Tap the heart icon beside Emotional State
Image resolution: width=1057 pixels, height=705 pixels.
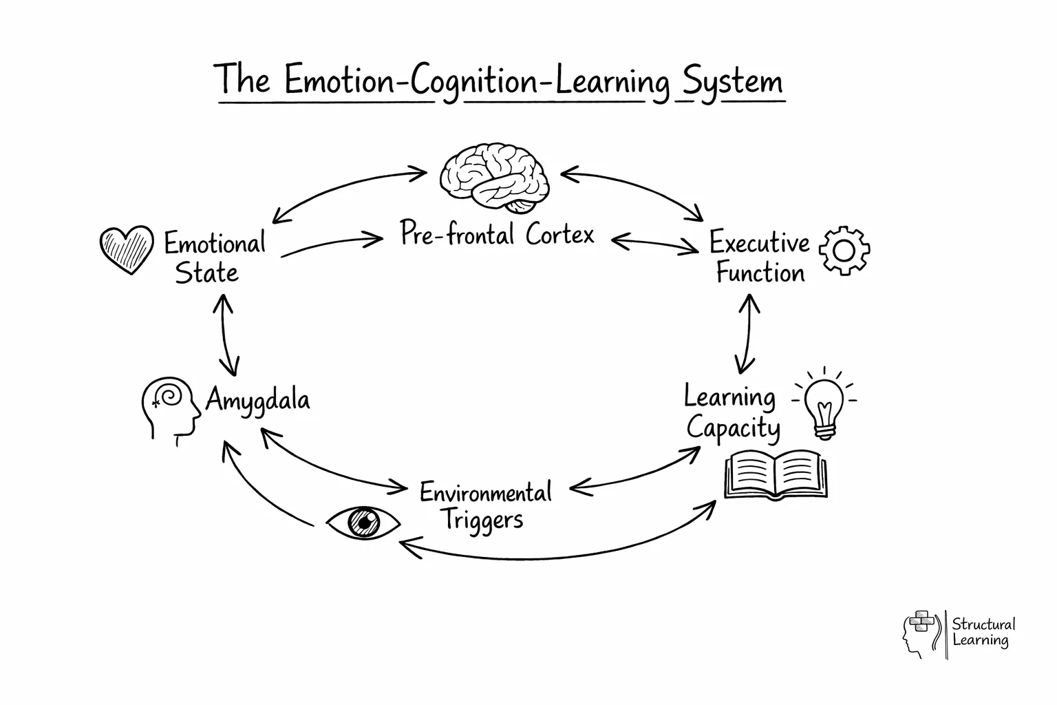[x=126, y=249]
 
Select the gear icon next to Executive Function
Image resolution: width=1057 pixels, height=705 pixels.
[x=844, y=251]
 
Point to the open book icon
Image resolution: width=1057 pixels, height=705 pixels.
[x=776, y=474]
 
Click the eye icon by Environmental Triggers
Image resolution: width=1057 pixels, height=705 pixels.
[x=363, y=521]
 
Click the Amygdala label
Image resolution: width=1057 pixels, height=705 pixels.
[x=257, y=400]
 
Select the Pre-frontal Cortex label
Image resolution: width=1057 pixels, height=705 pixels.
[x=497, y=235]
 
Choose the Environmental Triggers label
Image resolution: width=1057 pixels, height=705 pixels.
[x=485, y=505]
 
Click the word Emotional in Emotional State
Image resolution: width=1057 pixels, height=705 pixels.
[x=214, y=244]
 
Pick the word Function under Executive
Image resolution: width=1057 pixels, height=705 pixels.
[x=760, y=273]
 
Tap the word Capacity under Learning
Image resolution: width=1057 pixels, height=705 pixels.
[x=733, y=428]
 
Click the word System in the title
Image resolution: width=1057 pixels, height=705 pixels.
[x=732, y=82]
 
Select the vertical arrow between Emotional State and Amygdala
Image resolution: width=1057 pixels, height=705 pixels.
[x=227, y=335]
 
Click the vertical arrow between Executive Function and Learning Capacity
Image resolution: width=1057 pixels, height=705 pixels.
[x=747, y=334]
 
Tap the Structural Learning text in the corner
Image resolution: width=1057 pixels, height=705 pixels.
[x=983, y=632]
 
